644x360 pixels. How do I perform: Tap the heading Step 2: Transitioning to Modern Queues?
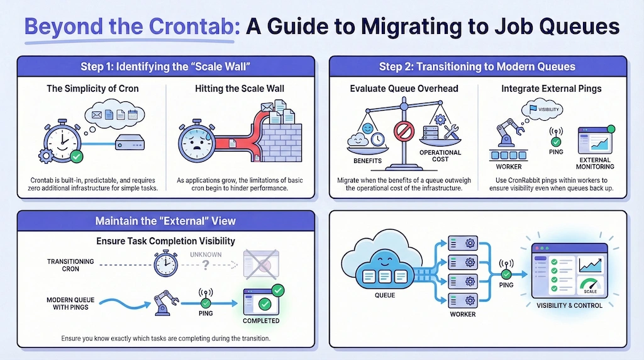477,67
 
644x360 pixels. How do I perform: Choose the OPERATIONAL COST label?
440,156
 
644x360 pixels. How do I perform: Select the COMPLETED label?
260,321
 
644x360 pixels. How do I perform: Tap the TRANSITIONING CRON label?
70,265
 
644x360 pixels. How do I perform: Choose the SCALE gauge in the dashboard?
591,286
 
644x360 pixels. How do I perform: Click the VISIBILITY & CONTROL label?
569,306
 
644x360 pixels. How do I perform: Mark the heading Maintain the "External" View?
165,221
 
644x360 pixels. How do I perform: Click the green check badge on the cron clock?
77,155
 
